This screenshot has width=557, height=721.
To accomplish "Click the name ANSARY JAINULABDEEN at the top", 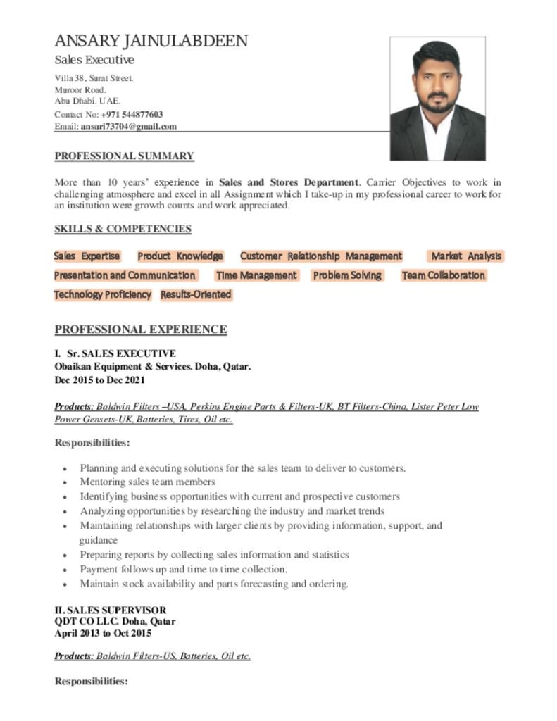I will [151, 41].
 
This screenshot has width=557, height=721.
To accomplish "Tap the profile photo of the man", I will [437, 99].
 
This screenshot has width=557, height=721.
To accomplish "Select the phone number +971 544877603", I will [132, 114].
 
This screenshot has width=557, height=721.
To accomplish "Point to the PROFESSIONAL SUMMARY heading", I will [124, 156].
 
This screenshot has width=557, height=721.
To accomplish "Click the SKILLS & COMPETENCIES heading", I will [123, 229].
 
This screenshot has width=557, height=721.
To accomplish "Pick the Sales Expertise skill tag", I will [87, 256].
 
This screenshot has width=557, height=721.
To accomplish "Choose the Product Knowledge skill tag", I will [180, 256].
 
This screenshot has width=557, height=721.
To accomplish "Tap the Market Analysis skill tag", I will [466, 256].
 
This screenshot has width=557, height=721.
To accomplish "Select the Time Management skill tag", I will [256, 275].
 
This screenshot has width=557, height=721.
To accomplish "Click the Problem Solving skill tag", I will [347, 275].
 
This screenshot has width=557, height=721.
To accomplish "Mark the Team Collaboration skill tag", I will [443, 275].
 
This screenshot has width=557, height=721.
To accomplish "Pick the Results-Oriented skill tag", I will [196, 294].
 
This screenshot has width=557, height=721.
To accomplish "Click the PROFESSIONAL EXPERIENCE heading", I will [141, 330].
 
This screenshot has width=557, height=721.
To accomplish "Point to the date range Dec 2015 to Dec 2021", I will [100, 380].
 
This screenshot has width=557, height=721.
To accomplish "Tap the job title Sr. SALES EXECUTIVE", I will [120, 353].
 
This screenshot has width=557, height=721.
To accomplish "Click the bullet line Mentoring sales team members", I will [147, 482].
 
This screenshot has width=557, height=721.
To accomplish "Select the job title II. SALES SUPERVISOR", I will [111, 610].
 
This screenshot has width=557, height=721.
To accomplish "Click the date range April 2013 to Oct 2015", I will [103, 633].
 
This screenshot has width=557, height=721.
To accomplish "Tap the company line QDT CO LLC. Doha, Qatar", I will [115, 622].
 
